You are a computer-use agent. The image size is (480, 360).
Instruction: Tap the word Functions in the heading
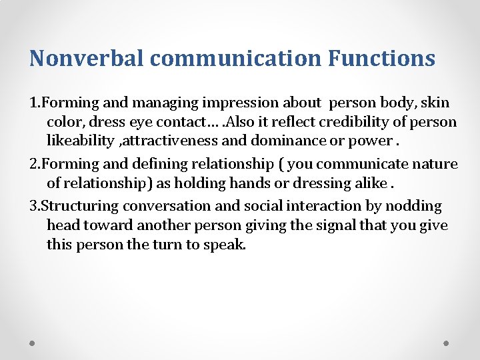[381, 58]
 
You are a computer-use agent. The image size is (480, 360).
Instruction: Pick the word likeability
[76, 141]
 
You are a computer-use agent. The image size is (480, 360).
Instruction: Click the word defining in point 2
[146, 164]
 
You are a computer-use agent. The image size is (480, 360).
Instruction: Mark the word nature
[435, 164]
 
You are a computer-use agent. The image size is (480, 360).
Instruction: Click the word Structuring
[83, 206]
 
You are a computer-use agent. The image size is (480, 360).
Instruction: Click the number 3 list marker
[33, 206]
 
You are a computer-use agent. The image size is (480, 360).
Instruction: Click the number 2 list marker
[33, 164]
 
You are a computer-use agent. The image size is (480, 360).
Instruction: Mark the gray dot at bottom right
[447, 343]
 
